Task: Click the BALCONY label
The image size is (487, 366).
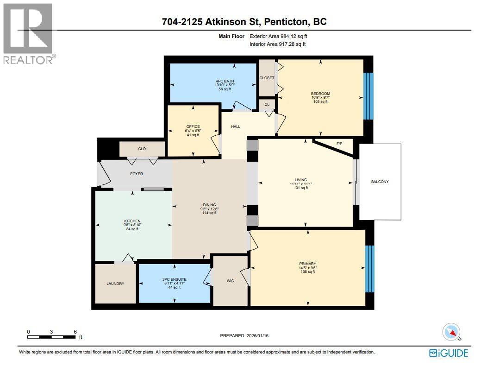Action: [380, 182]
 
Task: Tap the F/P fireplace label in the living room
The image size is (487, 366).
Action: [338, 144]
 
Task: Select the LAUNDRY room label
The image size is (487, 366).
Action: [115, 284]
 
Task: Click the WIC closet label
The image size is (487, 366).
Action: [230, 280]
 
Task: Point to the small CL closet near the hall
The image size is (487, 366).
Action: [267, 105]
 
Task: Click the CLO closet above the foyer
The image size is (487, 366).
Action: [142, 149]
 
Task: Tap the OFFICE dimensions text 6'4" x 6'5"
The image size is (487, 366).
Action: [193, 131]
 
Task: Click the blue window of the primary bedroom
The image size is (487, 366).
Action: [369, 269]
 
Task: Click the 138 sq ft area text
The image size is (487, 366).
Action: [307, 272]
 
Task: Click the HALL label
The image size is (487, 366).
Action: [236, 126]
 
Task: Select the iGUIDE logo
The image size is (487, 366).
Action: [449, 353]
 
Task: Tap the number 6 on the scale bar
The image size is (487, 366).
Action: [75, 332]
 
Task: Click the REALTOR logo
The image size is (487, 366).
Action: [28, 32]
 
